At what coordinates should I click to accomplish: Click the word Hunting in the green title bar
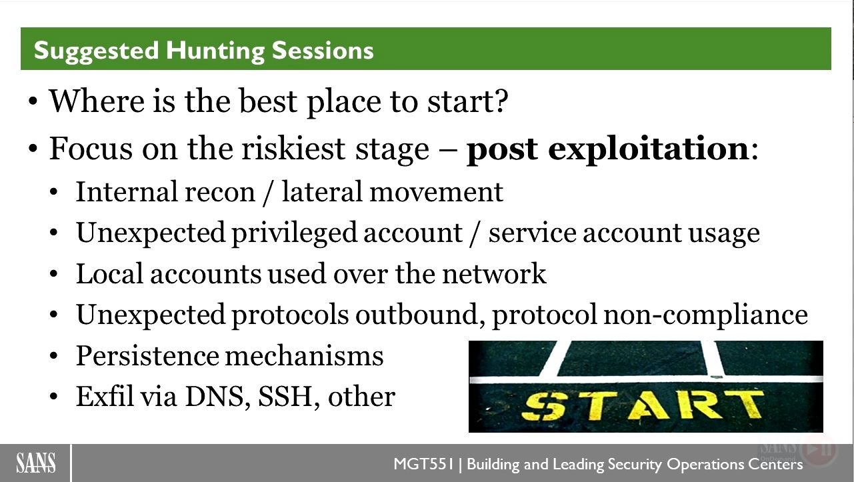pos(215,51)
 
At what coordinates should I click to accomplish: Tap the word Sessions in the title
pos(323,51)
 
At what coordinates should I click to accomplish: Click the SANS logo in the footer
pos(35,463)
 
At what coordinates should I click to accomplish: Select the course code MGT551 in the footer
pos(423,464)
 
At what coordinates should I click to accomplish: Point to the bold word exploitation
pos(648,149)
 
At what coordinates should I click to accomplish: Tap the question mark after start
pos(502,101)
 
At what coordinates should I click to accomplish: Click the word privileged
pos(294,233)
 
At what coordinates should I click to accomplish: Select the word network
pos(494,274)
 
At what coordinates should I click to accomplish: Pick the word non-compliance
pos(706,315)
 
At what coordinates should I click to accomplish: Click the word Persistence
pos(147,356)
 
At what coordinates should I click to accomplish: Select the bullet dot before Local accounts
pos(53,274)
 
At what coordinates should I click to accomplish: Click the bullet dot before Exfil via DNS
pos(53,397)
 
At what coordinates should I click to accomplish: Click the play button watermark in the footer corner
pos(818,449)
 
